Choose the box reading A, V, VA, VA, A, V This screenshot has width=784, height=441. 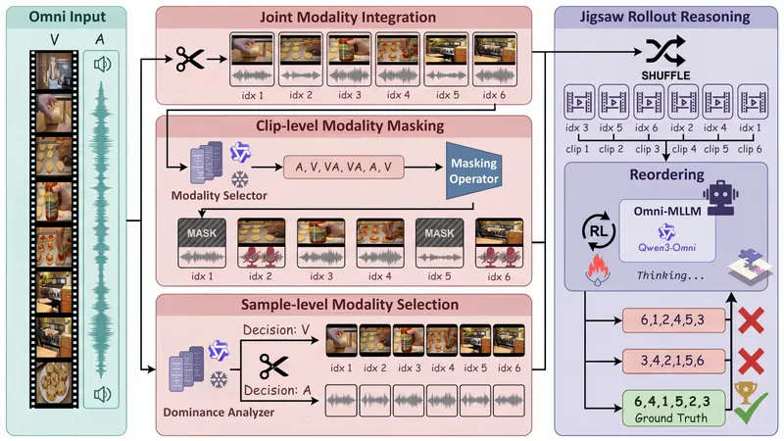click(351, 167)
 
